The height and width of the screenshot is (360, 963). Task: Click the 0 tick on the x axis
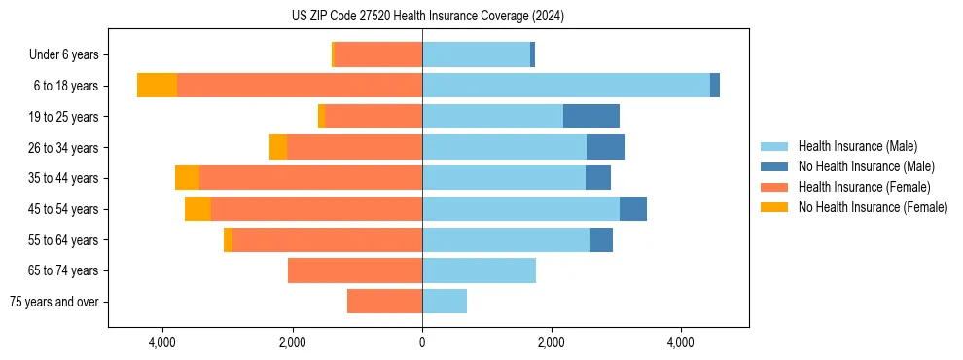point(422,342)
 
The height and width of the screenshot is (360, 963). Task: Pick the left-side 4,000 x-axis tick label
point(162,342)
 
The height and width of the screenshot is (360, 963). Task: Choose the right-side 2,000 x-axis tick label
point(552,342)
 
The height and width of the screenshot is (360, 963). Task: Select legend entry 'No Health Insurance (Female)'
point(873,207)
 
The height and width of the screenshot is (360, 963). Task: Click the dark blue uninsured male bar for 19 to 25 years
point(591,117)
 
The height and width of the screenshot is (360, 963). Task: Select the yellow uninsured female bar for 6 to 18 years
point(157,86)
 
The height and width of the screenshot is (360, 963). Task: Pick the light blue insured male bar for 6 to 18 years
point(566,86)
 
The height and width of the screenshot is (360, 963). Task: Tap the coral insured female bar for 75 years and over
point(384,302)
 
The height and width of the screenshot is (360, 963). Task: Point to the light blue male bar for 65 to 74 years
point(479,270)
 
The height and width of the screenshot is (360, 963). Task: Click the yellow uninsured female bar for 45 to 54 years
point(197,209)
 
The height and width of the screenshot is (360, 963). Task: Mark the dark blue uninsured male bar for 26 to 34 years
point(606,148)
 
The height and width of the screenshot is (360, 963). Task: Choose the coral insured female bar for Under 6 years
point(377,55)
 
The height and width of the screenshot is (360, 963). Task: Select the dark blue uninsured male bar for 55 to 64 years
point(601,240)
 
